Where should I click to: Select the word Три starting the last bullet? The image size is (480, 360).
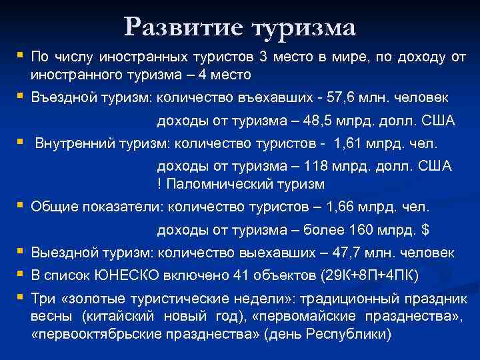click(x=42, y=299)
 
